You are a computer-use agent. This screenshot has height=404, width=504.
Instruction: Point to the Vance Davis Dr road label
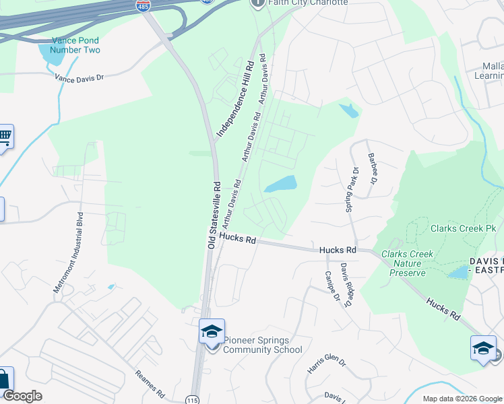(x=80, y=77)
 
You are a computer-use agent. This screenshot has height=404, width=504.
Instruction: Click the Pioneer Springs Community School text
(x=263, y=345)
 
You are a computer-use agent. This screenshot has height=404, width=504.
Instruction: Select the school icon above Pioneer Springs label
(x=212, y=332)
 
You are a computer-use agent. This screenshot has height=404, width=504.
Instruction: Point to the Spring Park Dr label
(x=350, y=191)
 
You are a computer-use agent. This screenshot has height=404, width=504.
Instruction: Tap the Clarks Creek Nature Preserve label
(x=407, y=263)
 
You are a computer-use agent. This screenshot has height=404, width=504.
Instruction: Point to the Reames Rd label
(x=150, y=383)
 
